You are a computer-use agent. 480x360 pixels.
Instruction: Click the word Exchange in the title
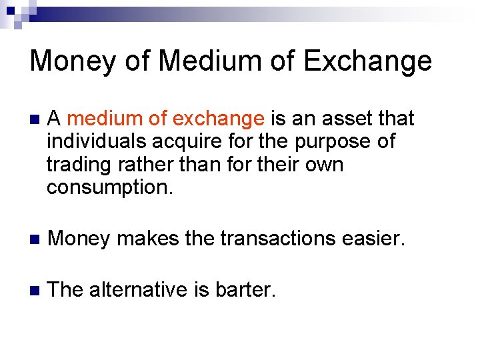[367, 61]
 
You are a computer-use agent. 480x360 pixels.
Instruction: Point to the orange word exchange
[218, 119]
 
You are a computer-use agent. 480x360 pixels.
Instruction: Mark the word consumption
[109, 187]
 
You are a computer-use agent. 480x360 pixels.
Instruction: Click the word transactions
[286, 239]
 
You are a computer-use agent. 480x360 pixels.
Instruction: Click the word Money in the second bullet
[79, 239]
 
